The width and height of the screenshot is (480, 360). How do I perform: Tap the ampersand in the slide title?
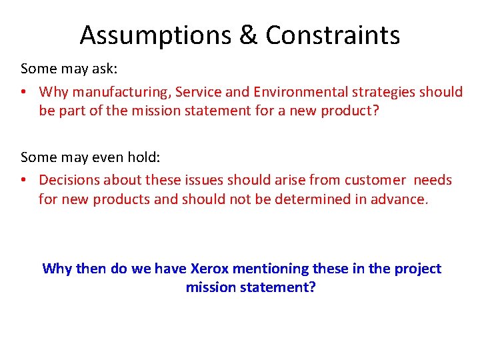coord(248,35)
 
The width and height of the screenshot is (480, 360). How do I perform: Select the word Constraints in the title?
coord(333,35)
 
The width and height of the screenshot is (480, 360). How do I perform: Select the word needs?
coord(433,180)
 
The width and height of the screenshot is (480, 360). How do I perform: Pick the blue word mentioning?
coord(279,269)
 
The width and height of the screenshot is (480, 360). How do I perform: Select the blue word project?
coord(417,269)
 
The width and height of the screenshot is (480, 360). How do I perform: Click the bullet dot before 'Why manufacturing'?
coord(25,92)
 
